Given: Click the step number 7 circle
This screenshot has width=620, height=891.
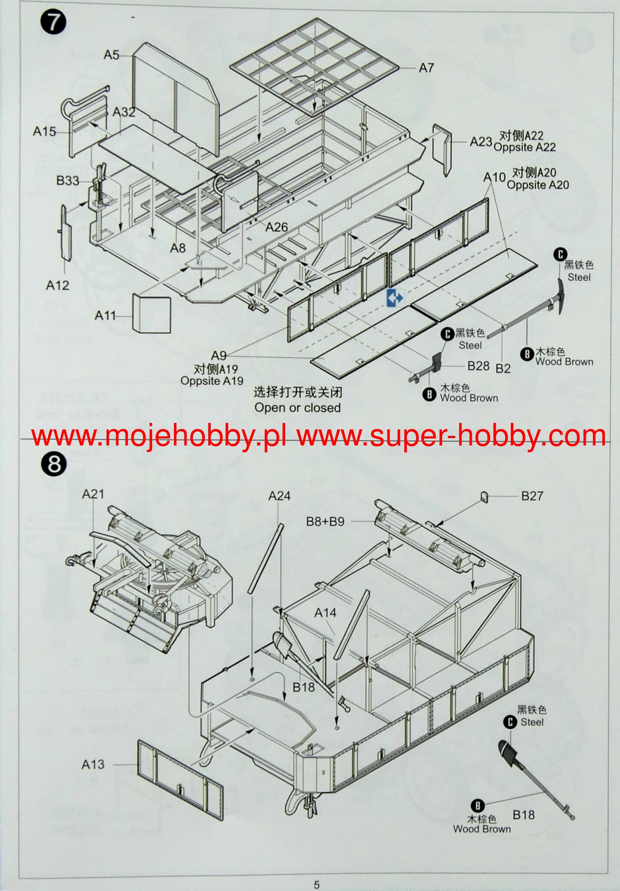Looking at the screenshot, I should pos(53,23).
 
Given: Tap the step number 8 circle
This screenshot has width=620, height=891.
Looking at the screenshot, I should pos(53,464).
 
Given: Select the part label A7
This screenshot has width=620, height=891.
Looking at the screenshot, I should pos(426,68).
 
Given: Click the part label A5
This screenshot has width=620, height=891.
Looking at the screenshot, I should pos(111,55).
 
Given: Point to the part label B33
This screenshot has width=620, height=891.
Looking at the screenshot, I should pos(67,180).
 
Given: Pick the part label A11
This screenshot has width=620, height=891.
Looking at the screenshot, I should pos(105,315).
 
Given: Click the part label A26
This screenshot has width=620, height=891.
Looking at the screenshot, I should pos(277,227).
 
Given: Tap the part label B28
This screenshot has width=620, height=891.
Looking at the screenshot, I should pos(478,366).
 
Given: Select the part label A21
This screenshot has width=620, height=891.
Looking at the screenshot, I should pos(93,494).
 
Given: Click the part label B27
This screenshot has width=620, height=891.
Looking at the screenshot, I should pos(532,496).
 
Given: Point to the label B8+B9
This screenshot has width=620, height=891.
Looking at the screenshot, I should pos(325,521).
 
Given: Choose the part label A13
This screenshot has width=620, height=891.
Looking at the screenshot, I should pos(93,764).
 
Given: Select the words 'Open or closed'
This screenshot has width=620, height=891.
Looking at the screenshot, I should pos(297,408).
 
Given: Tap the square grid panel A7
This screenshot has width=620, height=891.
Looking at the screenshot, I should pos(314,67).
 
